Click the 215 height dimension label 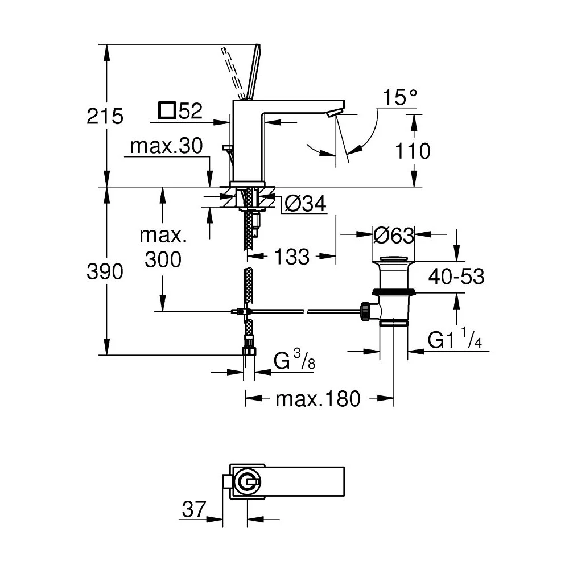coord(105,117)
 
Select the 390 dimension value coord(105,272)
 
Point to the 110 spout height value coord(414,151)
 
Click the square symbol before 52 coord(167,110)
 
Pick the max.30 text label coord(166,147)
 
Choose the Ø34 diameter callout coord(306,204)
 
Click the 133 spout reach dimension coord(291,257)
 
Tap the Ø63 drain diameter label coord(393,234)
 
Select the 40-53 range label coord(456,277)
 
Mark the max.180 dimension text coord(318,399)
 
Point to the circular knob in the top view coord(247,483)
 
